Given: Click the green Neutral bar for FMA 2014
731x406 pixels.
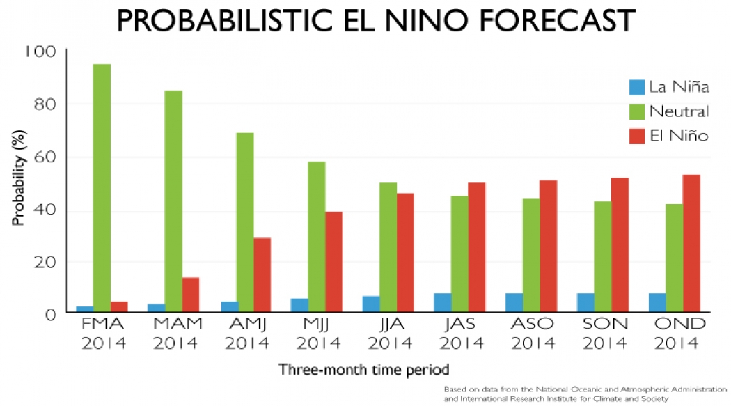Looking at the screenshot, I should [x=102, y=188].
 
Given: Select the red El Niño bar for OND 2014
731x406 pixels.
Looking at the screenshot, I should [x=691, y=243].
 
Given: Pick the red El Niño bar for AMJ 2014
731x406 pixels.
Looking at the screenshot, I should [x=262, y=275].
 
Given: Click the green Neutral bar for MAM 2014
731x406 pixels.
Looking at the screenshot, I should [x=173, y=201].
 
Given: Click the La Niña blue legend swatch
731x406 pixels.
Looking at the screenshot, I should [x=636, y=87].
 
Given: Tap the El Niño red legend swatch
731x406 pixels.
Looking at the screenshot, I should [x=636, y=135].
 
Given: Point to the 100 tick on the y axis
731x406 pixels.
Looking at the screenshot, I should [x=41, y=52].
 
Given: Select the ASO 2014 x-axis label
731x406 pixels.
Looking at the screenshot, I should [x=533, y=334].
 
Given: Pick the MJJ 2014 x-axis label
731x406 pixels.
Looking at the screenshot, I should [x=317, y=334].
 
